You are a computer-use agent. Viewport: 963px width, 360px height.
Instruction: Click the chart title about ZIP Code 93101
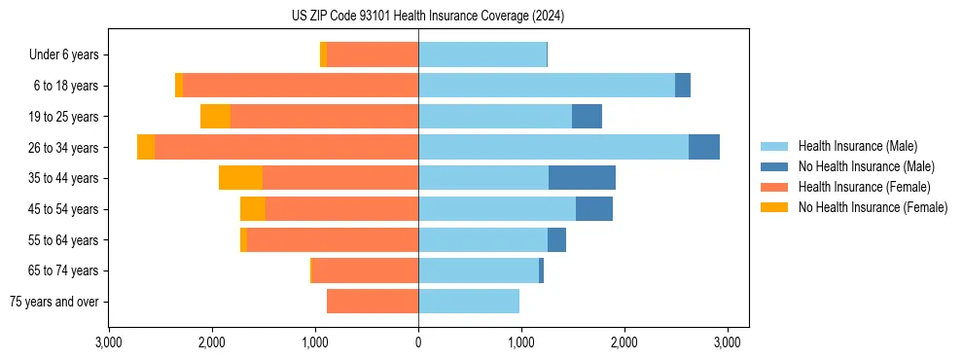pos(427,16)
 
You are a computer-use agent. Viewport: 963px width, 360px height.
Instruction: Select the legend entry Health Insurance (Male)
pos(857,146)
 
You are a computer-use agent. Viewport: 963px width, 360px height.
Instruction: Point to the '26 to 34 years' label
pos(63,148)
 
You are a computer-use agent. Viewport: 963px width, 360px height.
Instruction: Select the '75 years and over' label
pos(54,302)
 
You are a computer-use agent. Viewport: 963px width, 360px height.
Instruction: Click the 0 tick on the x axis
pos(418,342)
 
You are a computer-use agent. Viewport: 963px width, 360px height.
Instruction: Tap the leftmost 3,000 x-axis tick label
pos(109,342)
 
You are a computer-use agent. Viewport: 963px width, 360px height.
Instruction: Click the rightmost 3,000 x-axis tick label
pos(728,342)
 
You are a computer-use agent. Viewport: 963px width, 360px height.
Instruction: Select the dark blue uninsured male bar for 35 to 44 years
pos(582,178)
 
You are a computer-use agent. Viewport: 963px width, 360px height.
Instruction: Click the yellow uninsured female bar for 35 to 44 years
pos(240,178)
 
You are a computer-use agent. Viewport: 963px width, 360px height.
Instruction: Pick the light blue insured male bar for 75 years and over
pos(469,302)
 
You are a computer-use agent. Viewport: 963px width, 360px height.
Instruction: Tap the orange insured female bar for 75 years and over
pos(373,302)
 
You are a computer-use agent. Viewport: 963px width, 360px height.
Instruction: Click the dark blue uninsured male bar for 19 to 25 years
pos(587,117)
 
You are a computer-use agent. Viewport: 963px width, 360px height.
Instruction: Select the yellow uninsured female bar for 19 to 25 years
pos(215,117)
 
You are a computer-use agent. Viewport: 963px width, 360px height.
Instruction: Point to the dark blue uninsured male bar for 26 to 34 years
pos(704,147)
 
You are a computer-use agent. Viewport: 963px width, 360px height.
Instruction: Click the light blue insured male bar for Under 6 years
pos(482,55)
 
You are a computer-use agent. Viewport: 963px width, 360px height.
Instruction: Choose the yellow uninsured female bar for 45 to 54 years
pos(253,209)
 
